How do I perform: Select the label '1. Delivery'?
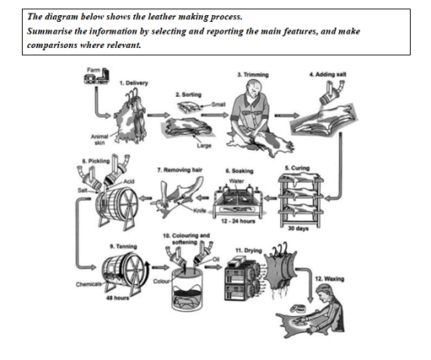click(x=135, y=83)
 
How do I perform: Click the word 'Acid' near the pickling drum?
click(x=126, y=182)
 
